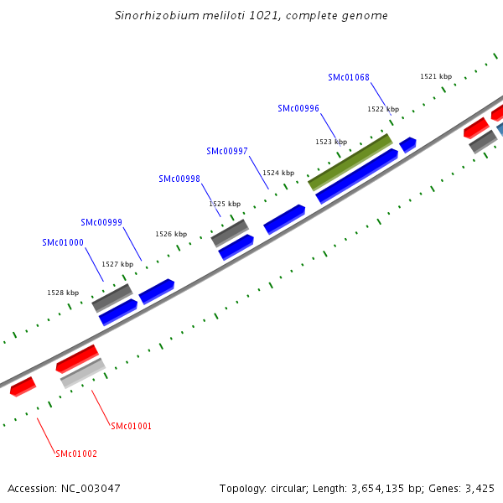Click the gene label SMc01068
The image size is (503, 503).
pos(348,78)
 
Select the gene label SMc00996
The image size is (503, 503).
pos(298,108)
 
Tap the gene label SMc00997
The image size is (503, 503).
pos(226,151)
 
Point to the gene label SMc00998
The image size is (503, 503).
pos(179,179)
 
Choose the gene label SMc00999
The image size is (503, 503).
pos(101,222)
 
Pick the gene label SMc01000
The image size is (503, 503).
pos(63,242)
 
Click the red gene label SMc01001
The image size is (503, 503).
pos(131,426)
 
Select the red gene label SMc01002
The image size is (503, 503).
pos(76,454)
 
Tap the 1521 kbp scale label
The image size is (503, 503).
pos(435,76)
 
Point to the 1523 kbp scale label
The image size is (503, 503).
pos(330,142)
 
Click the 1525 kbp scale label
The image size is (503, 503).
pos(224,204)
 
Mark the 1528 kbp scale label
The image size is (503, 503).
pos(63,293)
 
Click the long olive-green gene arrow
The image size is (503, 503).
pos(350,161)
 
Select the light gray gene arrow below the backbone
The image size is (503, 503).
pos(82,373)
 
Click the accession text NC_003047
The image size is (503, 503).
pos(91,488)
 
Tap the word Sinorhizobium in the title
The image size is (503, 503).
pos(150,15)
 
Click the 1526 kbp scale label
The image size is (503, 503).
pos(170,234)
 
